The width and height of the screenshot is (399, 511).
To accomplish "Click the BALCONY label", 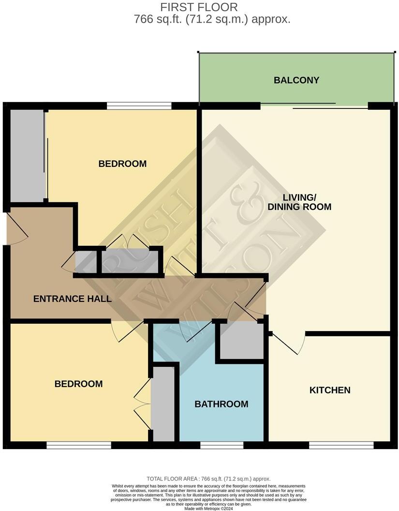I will coord(296,80).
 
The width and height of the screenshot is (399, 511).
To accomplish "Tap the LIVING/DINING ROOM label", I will coord(299,202).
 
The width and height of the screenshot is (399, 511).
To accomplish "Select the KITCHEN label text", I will coord(330,390).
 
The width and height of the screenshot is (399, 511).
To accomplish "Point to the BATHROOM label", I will coord(222,404).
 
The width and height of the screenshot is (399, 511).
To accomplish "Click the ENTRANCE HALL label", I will coord(73,299).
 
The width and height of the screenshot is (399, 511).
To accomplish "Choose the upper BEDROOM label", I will coord(122,164).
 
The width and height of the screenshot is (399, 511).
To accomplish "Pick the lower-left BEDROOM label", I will coord(78,384).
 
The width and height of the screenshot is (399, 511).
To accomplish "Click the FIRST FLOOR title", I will coord(199,7).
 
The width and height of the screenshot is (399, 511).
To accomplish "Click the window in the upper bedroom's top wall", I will coord(139,105).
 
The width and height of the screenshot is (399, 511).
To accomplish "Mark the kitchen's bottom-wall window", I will coord(341,445).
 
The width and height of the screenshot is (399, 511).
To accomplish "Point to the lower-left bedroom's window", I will coord(79,445).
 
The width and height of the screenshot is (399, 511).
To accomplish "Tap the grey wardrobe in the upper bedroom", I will coord(27,155).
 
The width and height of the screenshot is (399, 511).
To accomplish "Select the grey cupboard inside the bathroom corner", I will coord(240,341).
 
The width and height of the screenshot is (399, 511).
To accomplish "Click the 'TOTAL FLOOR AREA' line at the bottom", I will coord(208,479).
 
